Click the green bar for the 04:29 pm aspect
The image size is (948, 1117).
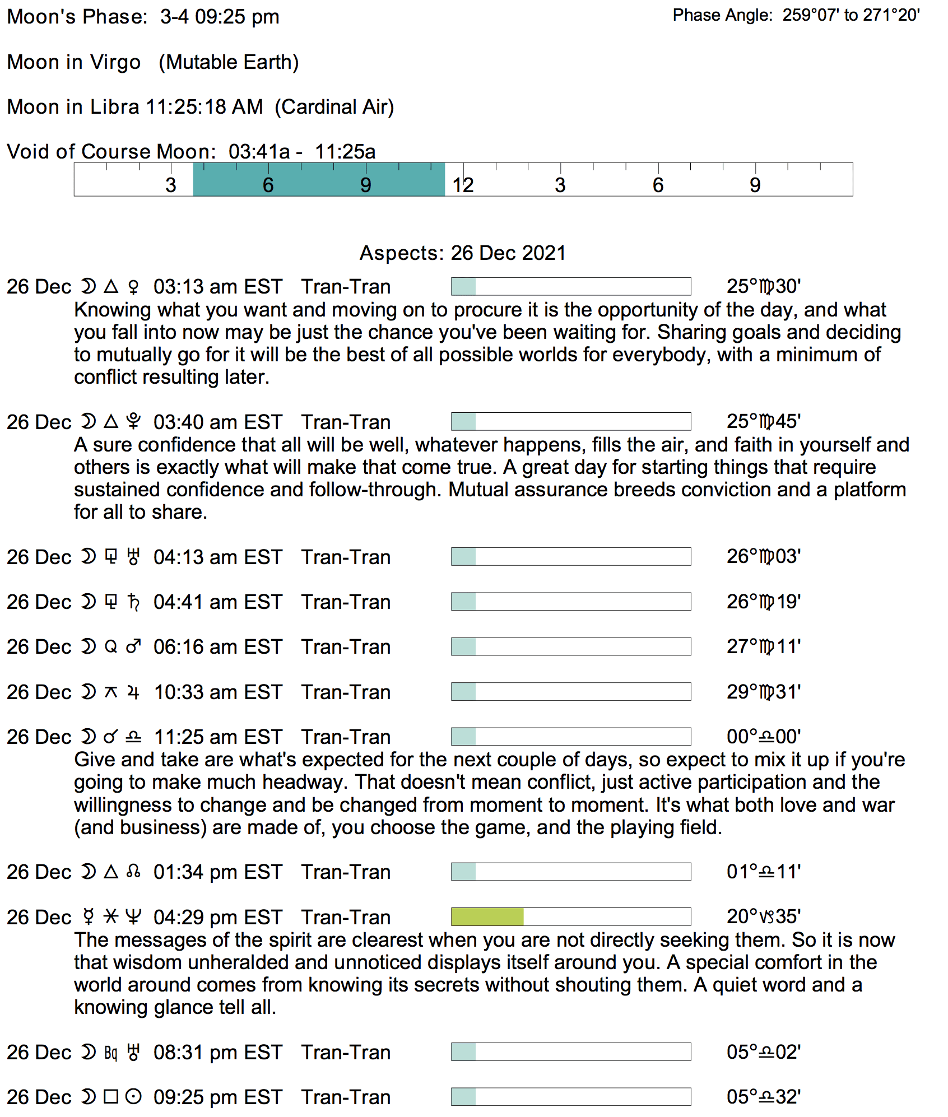487,916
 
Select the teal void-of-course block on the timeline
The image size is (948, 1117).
319,180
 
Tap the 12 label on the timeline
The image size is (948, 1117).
463,185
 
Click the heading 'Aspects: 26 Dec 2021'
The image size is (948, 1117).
462,253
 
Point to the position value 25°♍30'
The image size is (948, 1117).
763,287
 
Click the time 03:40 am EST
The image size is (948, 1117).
218,422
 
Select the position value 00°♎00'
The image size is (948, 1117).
763,737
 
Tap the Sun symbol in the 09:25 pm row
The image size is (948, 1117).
133,1096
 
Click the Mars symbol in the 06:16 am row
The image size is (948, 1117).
133,646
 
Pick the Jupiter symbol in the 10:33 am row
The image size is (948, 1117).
133,692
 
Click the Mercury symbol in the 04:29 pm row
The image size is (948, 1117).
89,917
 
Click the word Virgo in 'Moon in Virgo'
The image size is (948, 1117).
115,62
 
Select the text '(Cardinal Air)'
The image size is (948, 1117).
334,107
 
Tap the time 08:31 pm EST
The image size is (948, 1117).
218,1052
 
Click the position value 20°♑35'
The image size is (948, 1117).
763,916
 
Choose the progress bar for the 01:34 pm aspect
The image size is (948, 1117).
570,872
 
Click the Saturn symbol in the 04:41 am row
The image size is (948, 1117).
133,602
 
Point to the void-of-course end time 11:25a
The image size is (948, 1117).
345,152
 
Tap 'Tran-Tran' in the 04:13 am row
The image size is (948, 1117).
346,557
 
